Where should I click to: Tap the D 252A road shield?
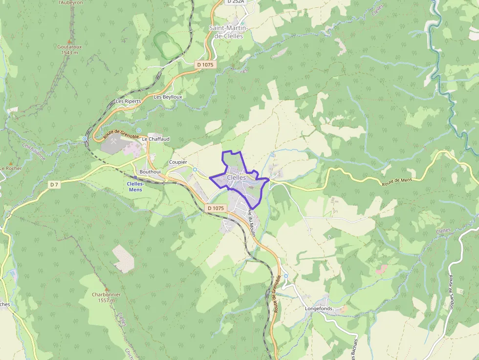236,2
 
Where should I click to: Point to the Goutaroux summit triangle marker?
69,41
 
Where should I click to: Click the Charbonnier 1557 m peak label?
106,297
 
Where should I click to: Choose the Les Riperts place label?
129,101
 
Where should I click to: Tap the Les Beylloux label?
168,97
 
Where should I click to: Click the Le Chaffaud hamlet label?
155,139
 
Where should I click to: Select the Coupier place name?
178,162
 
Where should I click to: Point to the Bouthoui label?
150,172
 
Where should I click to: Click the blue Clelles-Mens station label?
135,187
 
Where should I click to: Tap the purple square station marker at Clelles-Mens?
135,178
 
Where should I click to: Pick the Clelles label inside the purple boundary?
237,178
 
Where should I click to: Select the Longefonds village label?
318,309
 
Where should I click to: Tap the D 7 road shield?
54,185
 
